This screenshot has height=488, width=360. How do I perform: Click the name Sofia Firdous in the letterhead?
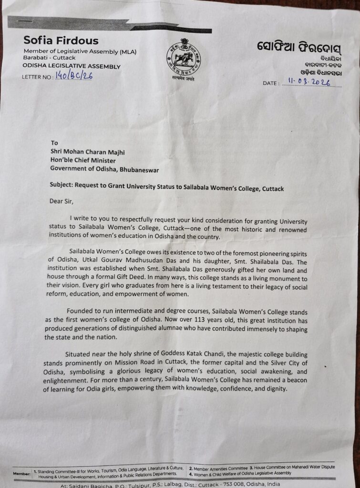(x=61, y=40)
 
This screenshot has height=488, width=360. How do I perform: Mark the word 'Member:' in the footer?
(x=21, y=474)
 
